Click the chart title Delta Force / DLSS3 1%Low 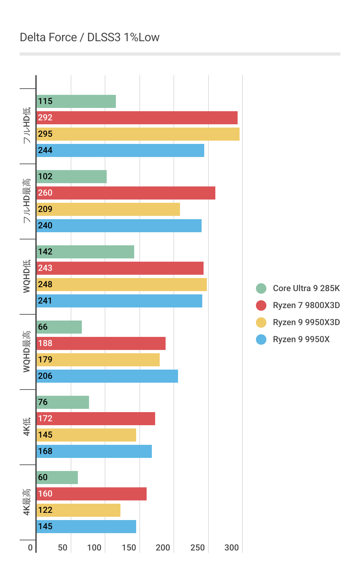(x=90, y=38)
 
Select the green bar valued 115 (x=76, y=101)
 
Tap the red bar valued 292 (x=137, y=118)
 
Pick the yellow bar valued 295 (x=138, y=134)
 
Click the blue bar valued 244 (x=120, y=150)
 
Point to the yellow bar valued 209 (x=108, y=209)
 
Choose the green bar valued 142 (x=85, y=252)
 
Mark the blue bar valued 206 (x=107, y=376)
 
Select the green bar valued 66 (x=59, y=327)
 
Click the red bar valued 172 (x=96, y=419)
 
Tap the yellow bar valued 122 (x=78, y=510)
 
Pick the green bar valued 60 (x=57, y=478)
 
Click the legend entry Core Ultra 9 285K (x=306, y=288)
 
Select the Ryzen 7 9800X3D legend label (x=306, y=305)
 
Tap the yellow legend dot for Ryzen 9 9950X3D (x=261, y=322)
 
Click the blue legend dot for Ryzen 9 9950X (x=261, y=340)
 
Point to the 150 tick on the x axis (x=129, y=548)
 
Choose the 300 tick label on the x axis (x=231, y=548)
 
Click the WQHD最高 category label (x=27, y=352)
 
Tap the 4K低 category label (x=27, y=427)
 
